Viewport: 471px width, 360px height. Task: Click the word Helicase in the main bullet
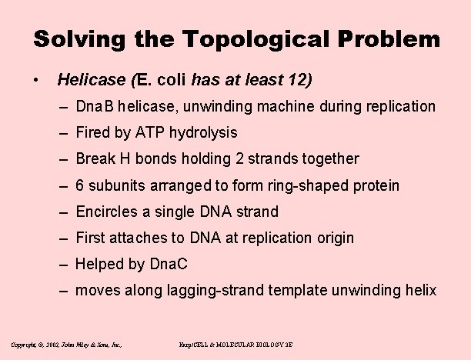[x=92, y=79]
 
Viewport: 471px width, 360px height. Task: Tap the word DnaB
[x=95, y=106]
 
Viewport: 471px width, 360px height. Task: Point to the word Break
[x=95, y=158]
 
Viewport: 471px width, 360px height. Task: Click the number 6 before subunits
[x=80, y=185]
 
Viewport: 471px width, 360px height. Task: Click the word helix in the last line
[x=419, y=291]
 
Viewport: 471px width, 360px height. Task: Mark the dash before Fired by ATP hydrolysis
[x=67, y=132]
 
